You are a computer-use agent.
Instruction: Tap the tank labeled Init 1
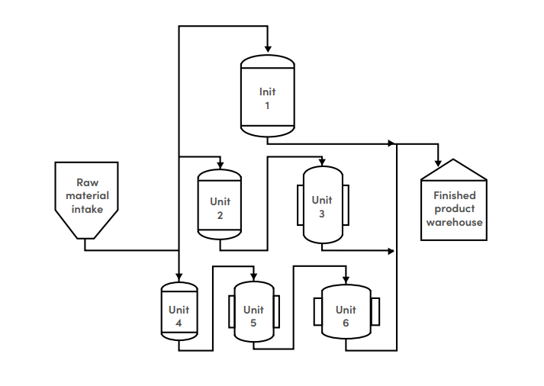click(x=267, y=96)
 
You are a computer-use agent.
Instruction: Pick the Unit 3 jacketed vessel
click(x=322, y=204)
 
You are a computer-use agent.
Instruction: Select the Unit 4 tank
click(x=179, y=311)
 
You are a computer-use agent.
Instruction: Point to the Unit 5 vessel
click(x=253, y=313)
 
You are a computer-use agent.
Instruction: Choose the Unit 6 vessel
click(x=346, y=313)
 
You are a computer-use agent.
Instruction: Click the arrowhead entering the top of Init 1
click(x=267, y=50)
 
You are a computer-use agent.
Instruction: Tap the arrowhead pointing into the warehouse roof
click(x=438, y=162)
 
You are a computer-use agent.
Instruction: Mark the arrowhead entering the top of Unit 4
click(x=179, y=278)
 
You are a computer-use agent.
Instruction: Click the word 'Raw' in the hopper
click(x=87, y=183)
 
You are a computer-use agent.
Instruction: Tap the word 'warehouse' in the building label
click(x=454, y=222)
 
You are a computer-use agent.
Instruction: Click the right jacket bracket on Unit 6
click(x=375, y=312)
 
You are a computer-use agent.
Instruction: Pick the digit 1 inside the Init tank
click(x=267, y=105)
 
